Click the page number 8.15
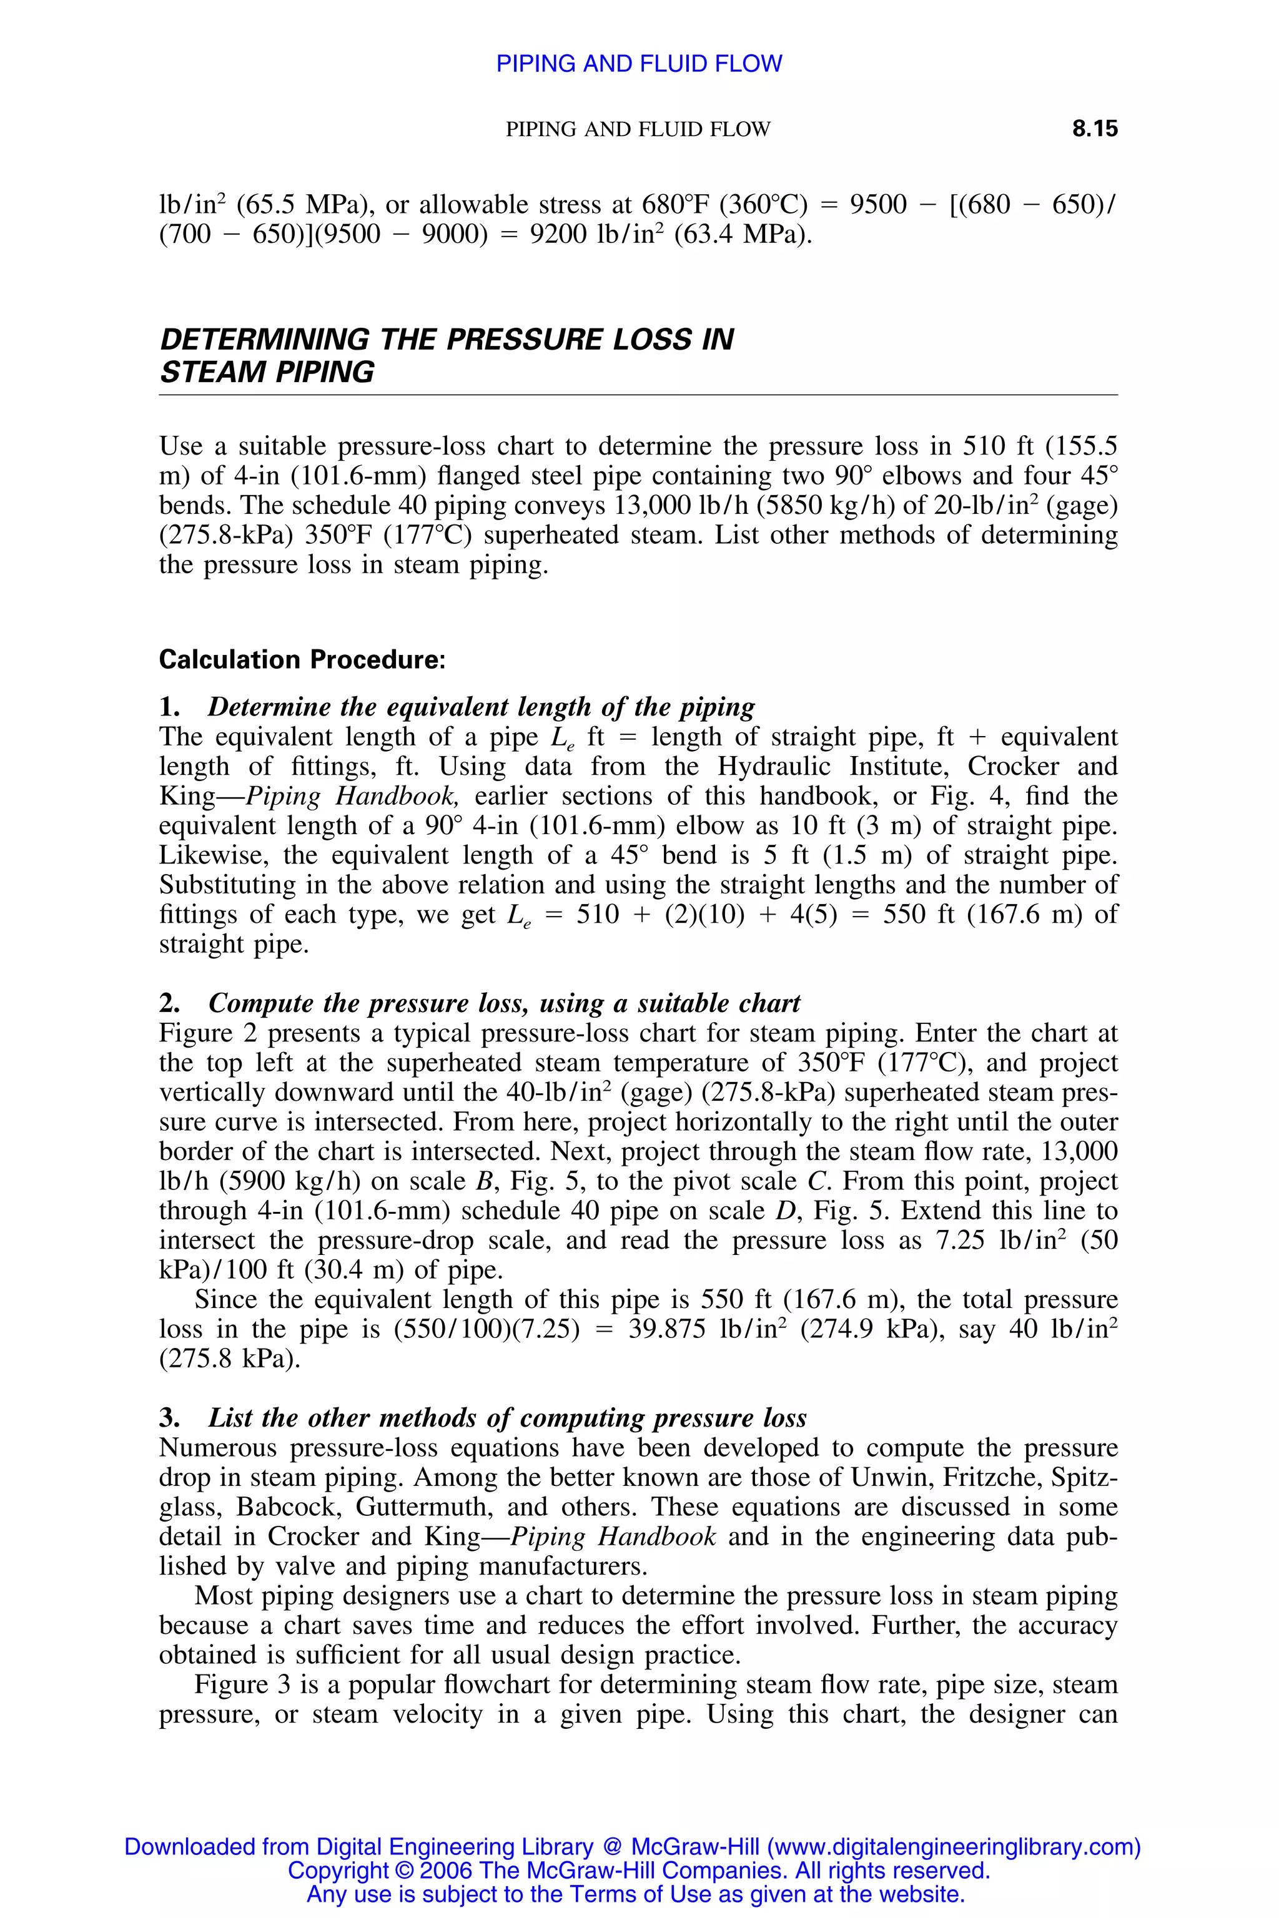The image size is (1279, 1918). point(1094,129)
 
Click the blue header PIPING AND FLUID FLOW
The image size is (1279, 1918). point(639,64)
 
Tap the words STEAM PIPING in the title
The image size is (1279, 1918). point(267,372)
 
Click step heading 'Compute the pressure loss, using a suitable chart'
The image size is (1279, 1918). point(504,1003)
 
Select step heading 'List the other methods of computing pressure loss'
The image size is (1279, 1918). point(506,1418)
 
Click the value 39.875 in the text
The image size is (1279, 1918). point(666,1330)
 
